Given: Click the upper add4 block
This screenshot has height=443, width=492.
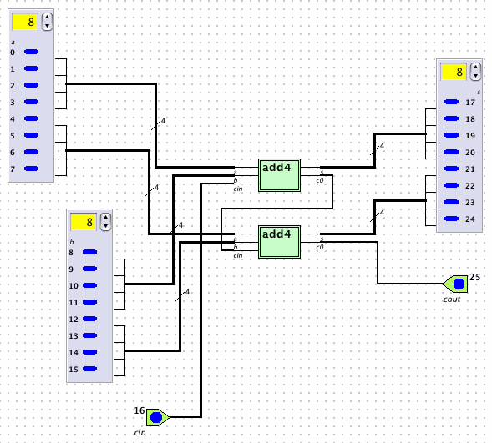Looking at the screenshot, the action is click(x=279, y=175).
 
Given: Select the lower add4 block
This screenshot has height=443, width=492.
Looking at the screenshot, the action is click(x=279, y=242).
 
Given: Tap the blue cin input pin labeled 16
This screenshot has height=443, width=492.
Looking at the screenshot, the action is click(x=156, y=417).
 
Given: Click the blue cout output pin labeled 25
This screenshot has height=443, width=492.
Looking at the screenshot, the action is click(x=459, y=284).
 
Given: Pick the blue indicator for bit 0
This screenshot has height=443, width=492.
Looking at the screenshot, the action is click(x=32, y=52).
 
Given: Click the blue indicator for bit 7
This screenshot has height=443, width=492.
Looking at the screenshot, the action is click(x=32, y=169).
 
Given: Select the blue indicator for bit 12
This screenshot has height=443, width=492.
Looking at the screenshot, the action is click(x=89, y=319).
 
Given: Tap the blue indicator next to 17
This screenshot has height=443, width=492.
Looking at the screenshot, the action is click(x=452, y=102).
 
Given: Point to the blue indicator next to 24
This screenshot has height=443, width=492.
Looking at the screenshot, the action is click(x=452, y=219).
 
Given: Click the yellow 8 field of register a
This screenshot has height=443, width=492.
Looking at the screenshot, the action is click(x=25, y=22).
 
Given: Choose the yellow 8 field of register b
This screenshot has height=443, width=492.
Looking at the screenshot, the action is click(x=84, y=222).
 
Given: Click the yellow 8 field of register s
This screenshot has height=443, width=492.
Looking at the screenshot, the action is click(x=454, y=72).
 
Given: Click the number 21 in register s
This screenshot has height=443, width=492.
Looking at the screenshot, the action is click(x=470, y=169).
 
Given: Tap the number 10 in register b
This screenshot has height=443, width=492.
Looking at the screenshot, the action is click(x=74, y=285).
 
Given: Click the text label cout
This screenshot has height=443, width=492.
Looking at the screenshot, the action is click(x=452, y=300).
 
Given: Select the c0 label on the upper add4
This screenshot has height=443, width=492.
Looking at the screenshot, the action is click(x=320, y=180).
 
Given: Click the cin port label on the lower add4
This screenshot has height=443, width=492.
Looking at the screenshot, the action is click(x=238, y=255).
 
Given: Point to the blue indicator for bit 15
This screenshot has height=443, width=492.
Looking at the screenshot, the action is click(x=89, y=369).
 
